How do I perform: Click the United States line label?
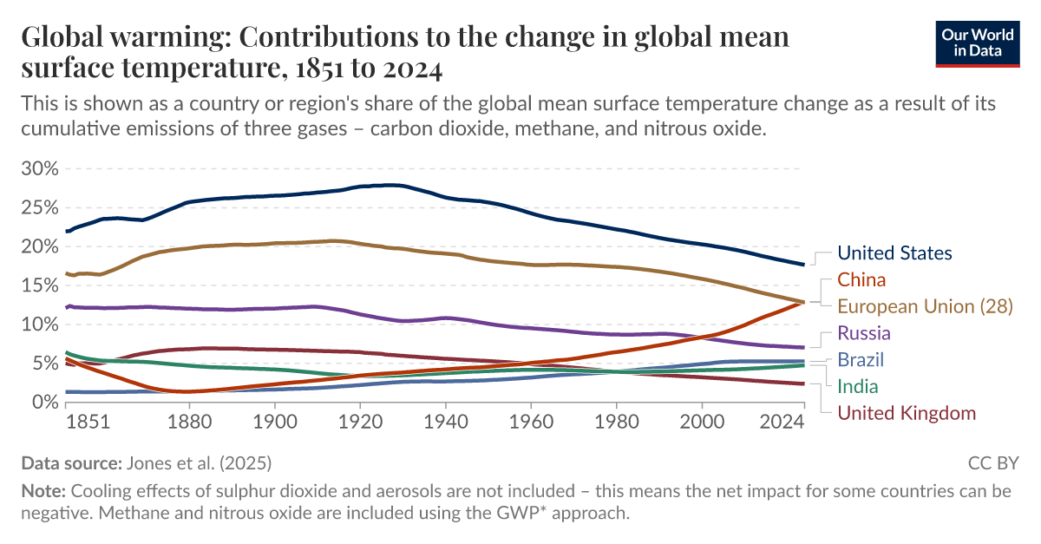[x=894, y=253]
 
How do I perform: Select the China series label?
[x=861, y=279]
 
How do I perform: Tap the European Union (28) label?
[x=925, y=306]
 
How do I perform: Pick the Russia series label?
[x=864, y=333]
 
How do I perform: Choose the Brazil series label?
[x=861, y=360]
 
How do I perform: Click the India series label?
[x=857, y=386]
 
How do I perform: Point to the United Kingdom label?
[x=907, y=413]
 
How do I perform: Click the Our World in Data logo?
[x=978, y=41]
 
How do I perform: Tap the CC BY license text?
[x=993, y=462]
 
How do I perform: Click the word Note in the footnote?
[x=43, y=491]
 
